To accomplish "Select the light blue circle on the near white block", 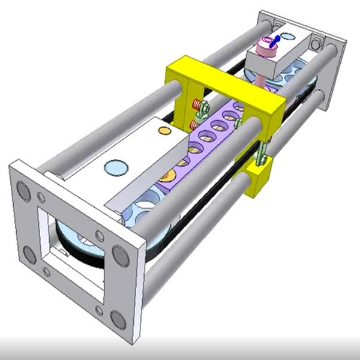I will pyautogui.click(x=116, y=167).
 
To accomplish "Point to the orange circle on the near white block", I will pyautogui.click(x=163, y=130).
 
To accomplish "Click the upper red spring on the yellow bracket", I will pyautogui.click(x=196, y=105).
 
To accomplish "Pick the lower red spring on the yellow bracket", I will pyautogui.click(x=194, y=125).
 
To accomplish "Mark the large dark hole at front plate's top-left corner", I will pyautogui.click(x=23, y=191).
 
